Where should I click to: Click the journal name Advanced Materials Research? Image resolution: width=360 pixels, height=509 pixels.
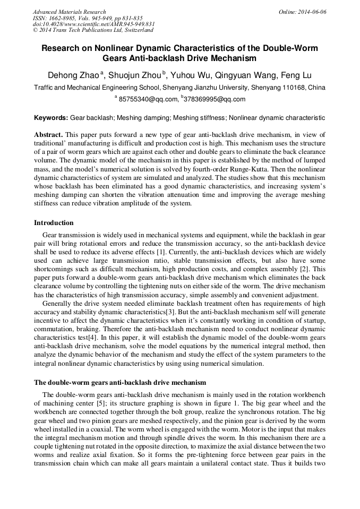click(69, 12)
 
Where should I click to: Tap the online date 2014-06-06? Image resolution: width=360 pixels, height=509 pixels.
click(312, 12)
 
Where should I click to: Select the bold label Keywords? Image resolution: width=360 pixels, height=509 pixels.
click(51, 117)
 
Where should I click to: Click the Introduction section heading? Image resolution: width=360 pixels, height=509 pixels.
click(54, 223)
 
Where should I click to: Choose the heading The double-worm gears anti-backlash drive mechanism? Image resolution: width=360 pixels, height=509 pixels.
click(120, 382)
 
